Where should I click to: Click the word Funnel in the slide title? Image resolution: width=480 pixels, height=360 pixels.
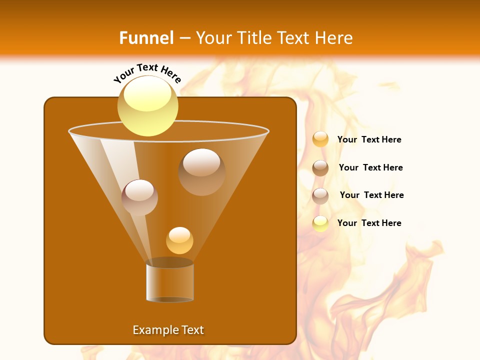(146, 38)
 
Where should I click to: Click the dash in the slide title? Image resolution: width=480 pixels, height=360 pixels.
(184, 38)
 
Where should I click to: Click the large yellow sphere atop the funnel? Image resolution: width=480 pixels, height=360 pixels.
(148, 106)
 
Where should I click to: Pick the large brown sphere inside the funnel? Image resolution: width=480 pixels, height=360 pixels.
(201, 171)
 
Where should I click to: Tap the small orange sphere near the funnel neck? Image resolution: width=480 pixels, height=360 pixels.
(179, 240)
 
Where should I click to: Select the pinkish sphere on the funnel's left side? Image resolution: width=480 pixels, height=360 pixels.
(139, 197)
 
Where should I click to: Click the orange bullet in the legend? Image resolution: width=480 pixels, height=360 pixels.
(320, 139)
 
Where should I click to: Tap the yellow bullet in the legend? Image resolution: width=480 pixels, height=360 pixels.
(320, 223)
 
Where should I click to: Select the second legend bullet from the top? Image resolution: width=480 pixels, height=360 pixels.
(320, 168)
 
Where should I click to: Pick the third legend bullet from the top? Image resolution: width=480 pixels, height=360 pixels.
(320, 196)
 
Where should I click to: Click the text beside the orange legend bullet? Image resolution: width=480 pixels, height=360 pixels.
(369, 140)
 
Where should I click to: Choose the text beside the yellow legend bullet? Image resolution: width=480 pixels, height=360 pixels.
(369, 223)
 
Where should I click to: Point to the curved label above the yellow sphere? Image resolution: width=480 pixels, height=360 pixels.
(147, 72)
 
